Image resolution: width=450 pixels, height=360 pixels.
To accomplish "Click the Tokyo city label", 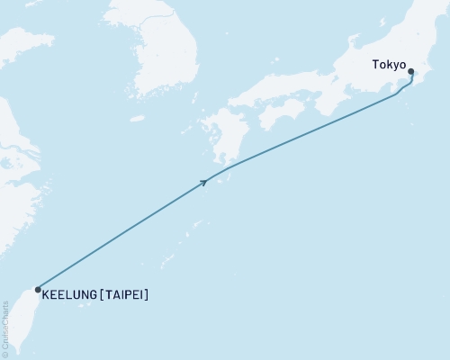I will coord(390,66).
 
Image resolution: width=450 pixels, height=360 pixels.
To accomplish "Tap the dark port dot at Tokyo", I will coord(411,72).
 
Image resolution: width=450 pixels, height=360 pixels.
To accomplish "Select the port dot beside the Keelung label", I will coord(37,290).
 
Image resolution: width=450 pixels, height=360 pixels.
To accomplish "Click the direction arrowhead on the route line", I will coord(204,182).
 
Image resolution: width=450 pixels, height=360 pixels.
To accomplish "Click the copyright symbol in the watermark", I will coord(5,353).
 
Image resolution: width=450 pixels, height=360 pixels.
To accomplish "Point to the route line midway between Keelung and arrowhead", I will coord(121,236).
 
